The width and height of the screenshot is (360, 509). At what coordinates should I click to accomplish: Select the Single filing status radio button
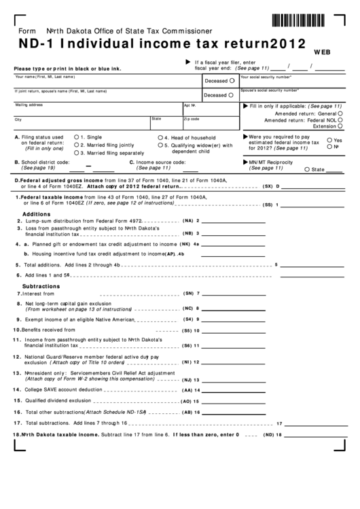[x=76, y=137]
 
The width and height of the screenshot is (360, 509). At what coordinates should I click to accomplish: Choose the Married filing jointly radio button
[x=76, y=145]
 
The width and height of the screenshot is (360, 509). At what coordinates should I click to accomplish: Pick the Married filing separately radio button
[x=76, y=153]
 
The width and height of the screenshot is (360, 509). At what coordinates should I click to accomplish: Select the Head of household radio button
[x=160, y=137]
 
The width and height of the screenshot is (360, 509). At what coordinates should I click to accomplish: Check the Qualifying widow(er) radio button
[x=160, y=145]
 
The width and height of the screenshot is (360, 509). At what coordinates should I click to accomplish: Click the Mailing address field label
[x=29, y=105]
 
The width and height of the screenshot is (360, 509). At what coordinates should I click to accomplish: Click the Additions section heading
[x=37, y=213]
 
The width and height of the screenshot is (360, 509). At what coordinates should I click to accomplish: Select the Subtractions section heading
[x=42, y=286]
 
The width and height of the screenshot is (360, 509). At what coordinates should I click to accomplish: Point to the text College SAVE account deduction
[x=63, y=390]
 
